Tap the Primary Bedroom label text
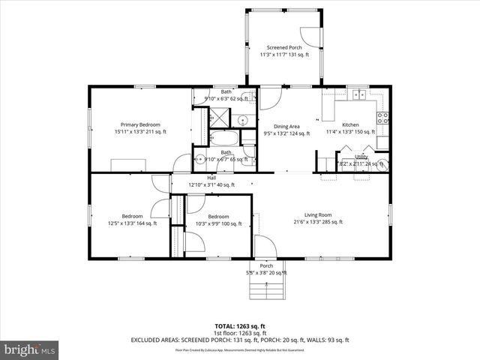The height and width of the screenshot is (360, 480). (x=140, y=124)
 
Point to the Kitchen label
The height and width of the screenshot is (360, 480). (x=350, y=124)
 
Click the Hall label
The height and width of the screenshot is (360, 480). (x=211, y=178)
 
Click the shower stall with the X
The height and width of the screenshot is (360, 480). (x=220, y=116)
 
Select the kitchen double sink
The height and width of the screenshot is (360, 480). (x=359, y=95)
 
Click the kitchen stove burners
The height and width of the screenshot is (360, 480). (x=382, y=117)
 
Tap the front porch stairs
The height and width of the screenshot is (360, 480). (x=268, y=288)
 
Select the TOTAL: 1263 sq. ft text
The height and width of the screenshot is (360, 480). (x=240, y=326)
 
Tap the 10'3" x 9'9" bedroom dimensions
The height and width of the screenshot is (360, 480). (x=218, y=223)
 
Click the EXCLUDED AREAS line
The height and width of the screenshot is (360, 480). (x=240, y=340)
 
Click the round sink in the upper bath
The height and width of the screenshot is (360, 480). (x=243, y=120)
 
